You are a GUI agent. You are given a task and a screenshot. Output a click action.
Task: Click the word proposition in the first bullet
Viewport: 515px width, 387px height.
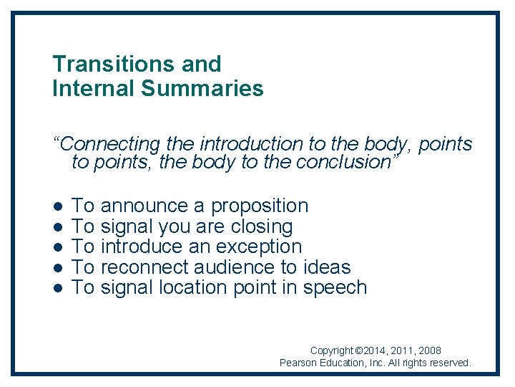tap(260, 206)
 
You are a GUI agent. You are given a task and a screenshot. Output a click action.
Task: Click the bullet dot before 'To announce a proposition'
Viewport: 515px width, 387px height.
tap(57, 206)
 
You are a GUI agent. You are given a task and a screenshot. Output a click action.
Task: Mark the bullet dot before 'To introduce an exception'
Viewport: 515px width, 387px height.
tap(57, 247)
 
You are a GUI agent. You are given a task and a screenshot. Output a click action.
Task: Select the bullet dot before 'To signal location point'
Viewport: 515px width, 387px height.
tap(57, 288)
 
